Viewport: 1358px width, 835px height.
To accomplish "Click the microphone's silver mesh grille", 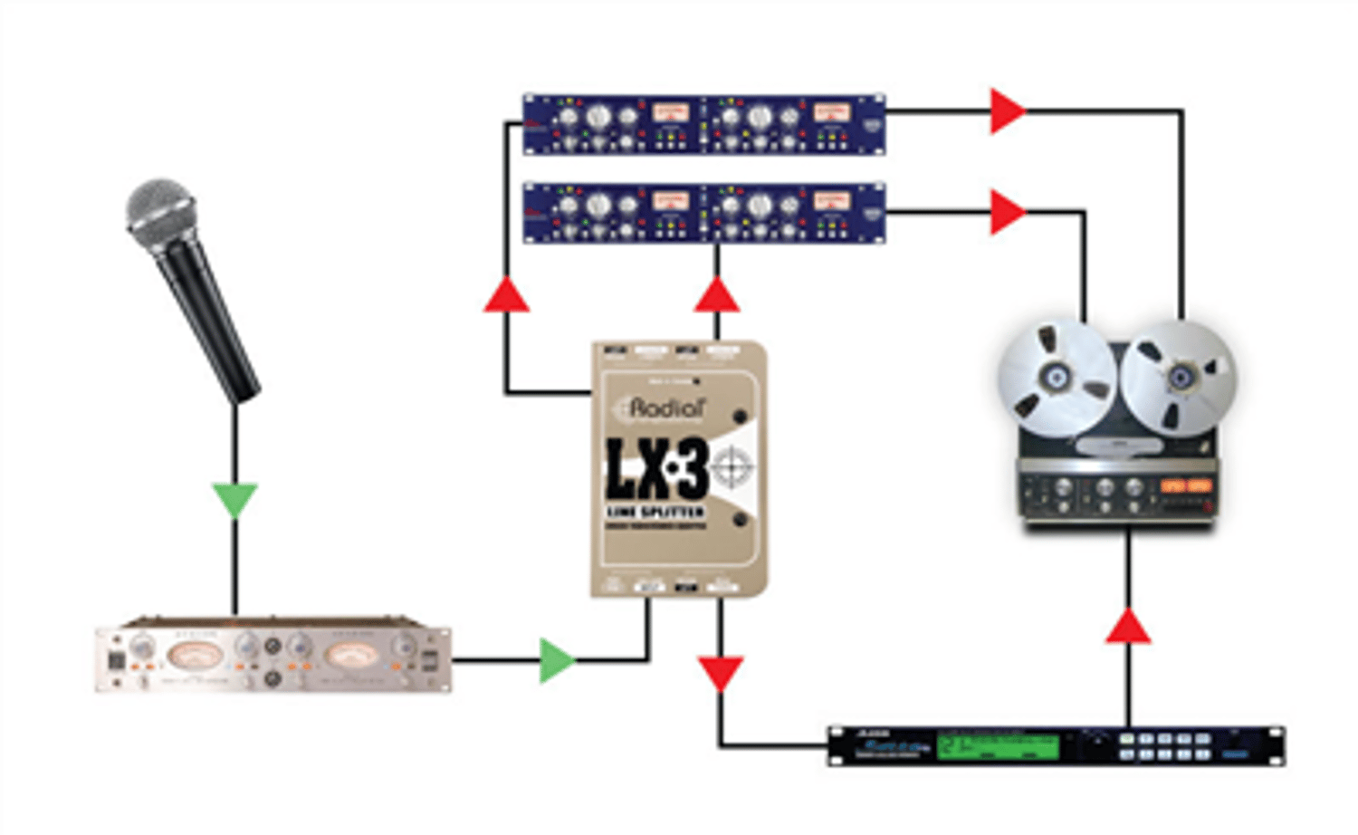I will (160, 207).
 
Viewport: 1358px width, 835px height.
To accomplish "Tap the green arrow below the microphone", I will (235, 499).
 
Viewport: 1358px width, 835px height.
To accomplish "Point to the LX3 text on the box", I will (656, 469).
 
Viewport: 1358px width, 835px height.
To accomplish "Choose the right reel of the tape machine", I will (1179, 376).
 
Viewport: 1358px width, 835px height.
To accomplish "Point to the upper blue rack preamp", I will (703, 124).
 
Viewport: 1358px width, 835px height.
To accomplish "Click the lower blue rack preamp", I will (703, 214).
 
